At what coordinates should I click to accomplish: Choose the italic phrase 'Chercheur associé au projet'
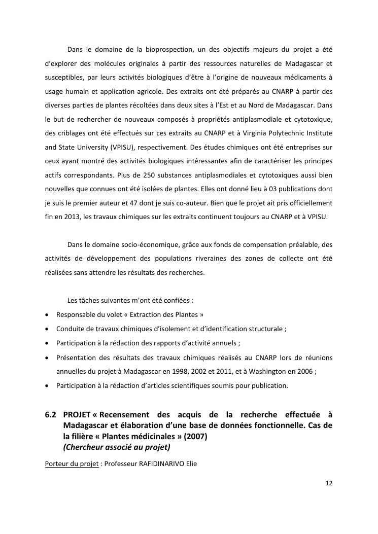tap(117, 447)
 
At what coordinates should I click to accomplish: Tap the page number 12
tap(329, 483)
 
